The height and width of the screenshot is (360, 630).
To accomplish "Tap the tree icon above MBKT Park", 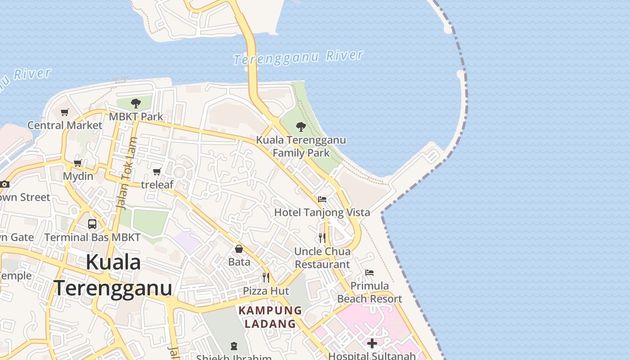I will [x=135, y=104].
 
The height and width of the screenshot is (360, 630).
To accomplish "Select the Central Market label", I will [x=65, y=125].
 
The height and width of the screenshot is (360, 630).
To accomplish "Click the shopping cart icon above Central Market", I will [x=65, y=112].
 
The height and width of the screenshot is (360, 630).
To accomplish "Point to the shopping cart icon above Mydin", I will [x=77, y=163].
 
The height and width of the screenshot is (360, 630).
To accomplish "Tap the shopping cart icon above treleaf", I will [x=157, y=171].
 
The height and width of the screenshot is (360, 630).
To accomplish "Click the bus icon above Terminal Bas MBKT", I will [x=92, y=224].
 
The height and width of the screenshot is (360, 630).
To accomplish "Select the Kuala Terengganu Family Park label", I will [x=301, y=146].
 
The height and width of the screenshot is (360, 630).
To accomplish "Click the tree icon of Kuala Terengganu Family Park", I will [x=301, y=127].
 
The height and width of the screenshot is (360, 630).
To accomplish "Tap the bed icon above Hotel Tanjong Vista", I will [x=322, y=199].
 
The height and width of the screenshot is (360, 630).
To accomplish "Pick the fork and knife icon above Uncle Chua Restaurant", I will [x=322, y=238].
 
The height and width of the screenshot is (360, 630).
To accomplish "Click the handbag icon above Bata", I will [x=239, y=249].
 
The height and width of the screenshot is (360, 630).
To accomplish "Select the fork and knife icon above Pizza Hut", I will [x=266, y=278].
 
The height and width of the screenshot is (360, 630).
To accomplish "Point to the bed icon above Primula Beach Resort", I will [x=369, y=273].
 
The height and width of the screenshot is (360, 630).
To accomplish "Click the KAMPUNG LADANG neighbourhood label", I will [x=270, y=317].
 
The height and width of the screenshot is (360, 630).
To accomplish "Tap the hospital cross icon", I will [x=372, y=343].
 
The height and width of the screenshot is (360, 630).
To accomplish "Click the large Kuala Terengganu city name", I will [x=113, y=275].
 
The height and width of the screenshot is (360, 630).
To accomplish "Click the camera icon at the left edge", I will [x=4, y=184].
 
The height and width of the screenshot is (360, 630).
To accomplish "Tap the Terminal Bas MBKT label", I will [x=92, y=237].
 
